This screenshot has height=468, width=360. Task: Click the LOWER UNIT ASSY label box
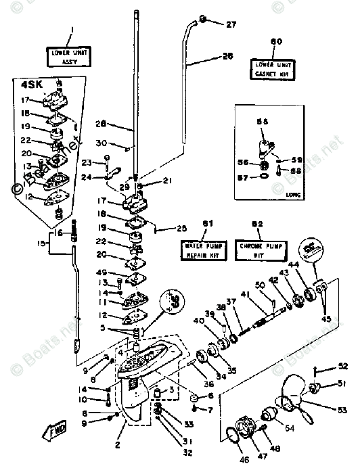click(x=70, y=55)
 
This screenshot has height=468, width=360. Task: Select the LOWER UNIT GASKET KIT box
click(x=275, y=68)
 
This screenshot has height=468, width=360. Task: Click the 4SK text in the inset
click(x=31, y=86)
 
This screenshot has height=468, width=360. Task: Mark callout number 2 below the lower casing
click(x=120, y=444)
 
